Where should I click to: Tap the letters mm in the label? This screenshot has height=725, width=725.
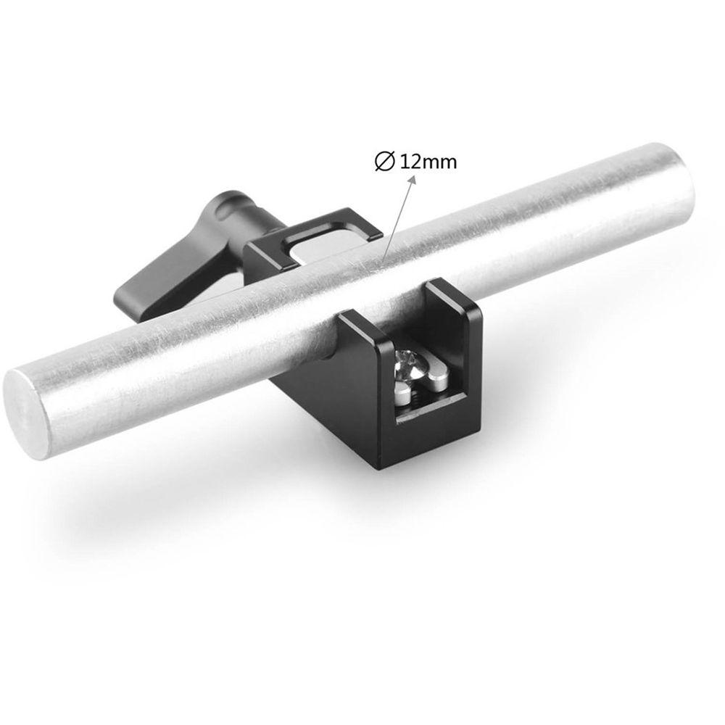(441, 162)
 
